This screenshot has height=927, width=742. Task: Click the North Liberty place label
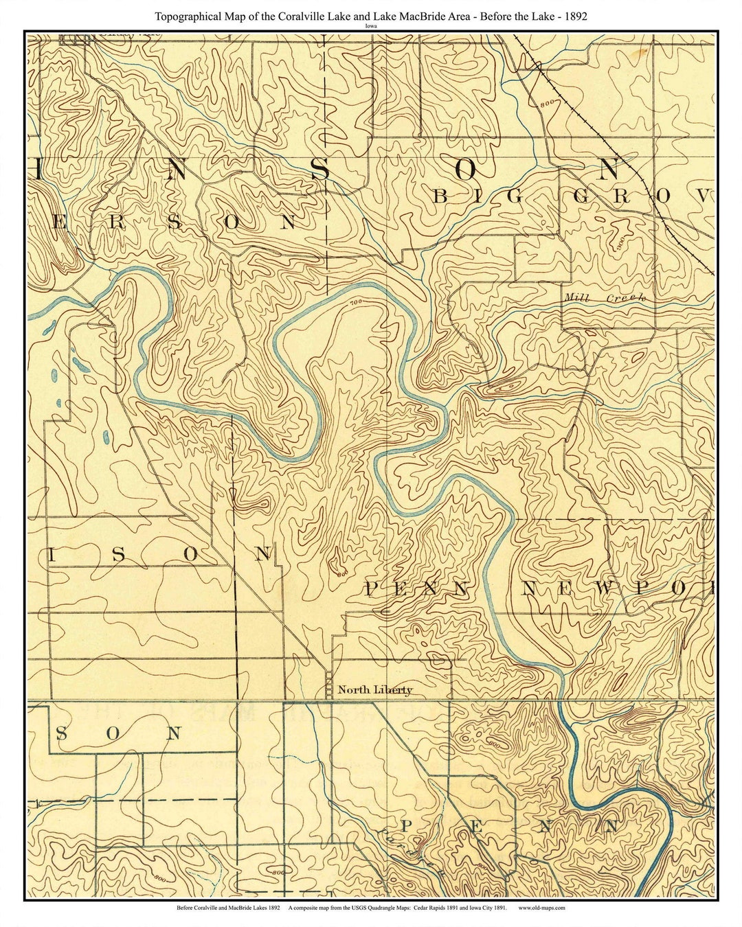pos(375,689)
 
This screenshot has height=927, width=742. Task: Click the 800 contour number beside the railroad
pos(547,103)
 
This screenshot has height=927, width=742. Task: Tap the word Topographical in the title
pos(187,15)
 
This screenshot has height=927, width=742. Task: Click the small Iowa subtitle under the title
pos(371,25)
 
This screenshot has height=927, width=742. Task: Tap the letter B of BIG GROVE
pos(440,197)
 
